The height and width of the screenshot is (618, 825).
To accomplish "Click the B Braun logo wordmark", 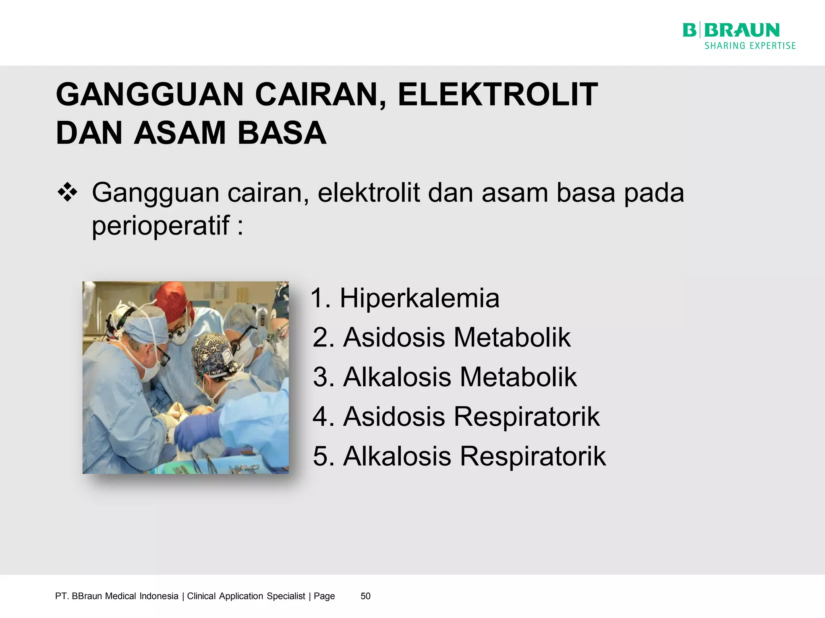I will [x=731, y=31].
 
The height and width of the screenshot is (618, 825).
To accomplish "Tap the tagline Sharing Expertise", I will [x=750, y=46].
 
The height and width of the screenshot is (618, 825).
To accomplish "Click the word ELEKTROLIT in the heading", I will [x=498, y=95].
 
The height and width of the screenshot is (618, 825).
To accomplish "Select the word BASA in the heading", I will [x=282, y=133].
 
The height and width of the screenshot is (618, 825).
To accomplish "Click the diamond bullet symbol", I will [x=67, y=192].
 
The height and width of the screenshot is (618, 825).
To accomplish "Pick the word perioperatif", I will [x=161, y=225].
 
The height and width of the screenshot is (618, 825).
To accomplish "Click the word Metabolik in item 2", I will [x=512, y=337].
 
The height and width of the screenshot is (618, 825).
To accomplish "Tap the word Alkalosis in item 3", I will [x=397, y=377].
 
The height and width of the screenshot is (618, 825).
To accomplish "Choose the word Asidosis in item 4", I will [x=394, y=416].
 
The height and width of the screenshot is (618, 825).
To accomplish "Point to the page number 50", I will [x=365, y=596].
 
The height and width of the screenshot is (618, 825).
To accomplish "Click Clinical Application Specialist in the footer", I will [x=246, y=596].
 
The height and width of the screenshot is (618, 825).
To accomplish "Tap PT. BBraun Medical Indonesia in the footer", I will [x=117, y=596].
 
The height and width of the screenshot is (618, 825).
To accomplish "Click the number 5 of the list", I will [x=321, y=457].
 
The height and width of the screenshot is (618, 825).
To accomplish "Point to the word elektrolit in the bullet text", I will [x=369, y=193].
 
